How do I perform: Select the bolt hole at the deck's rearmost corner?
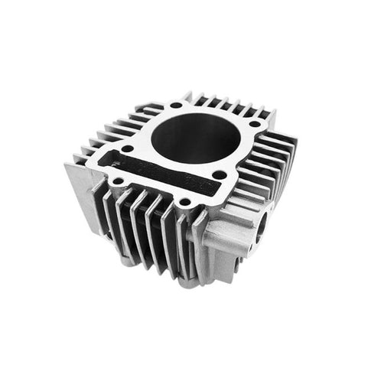coord(177,105)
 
